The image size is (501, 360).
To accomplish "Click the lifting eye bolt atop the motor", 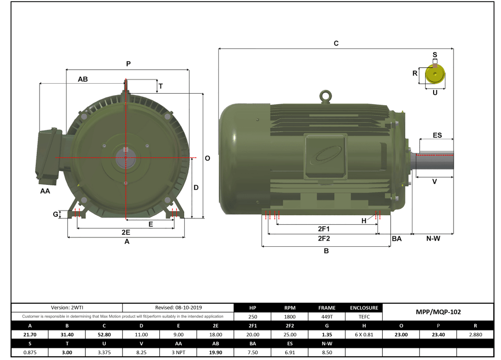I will [326, 96].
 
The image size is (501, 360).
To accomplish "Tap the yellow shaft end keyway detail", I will [435, 74].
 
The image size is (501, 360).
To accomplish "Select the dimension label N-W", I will [433, 239].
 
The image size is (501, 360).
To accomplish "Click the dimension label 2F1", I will [324, 229].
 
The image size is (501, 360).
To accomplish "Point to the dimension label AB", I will [83, 79].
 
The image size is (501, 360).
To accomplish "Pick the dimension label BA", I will [397, 239].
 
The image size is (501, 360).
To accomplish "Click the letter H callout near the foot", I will [364, 221].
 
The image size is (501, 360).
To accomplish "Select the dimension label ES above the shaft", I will [437, 135].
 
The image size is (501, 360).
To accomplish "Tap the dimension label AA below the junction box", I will [45, 191].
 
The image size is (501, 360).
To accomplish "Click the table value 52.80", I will [104, 334].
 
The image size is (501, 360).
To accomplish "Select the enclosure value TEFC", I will [364, 317].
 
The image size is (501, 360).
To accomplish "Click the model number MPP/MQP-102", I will [438, 312].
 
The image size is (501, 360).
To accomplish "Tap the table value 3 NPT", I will [178, 352].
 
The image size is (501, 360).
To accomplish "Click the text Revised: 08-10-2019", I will [178, 307].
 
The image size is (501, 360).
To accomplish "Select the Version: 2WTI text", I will [66, 307].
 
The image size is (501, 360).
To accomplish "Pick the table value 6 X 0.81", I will [364, 334].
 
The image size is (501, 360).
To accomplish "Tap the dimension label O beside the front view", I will [207, 158].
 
